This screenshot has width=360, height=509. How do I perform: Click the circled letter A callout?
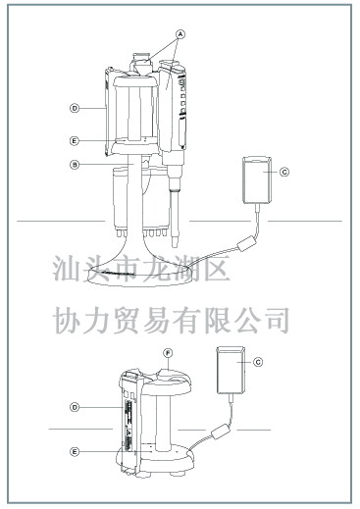180,33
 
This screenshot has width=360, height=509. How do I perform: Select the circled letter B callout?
75,165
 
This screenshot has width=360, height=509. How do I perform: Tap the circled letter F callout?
168,353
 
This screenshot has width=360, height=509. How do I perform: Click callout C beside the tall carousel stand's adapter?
284,172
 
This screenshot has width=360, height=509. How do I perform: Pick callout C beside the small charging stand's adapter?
258,362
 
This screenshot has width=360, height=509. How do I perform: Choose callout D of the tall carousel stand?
75,108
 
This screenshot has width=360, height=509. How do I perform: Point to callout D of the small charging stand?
75,407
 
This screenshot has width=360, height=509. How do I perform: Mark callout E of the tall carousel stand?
75,141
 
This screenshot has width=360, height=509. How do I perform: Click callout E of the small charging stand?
75,452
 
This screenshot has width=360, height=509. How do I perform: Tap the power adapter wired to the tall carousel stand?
257,180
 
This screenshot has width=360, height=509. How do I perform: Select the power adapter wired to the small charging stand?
231,370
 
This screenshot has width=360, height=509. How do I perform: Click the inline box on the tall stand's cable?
246,244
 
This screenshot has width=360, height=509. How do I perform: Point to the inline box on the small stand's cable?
221,431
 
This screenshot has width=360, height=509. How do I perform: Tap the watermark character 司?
278,321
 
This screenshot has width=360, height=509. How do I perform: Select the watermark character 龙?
156,269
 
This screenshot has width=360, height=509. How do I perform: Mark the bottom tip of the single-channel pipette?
175,247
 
